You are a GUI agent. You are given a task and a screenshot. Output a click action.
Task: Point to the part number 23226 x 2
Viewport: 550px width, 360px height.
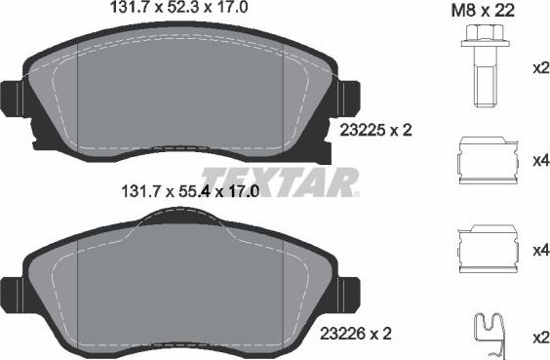click(355, 333)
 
